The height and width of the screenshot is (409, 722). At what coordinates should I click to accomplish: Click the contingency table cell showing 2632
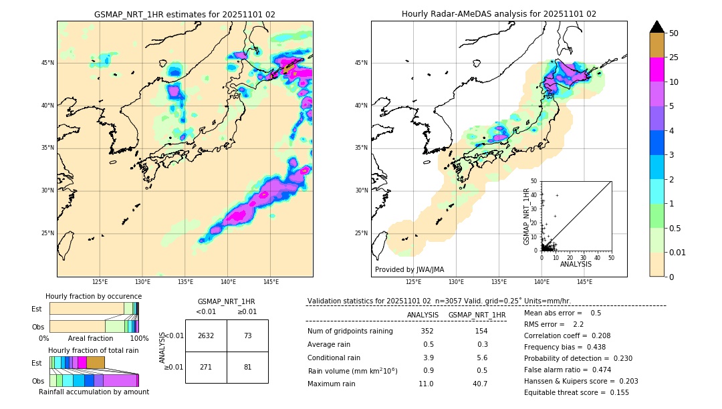(x=206, y=335)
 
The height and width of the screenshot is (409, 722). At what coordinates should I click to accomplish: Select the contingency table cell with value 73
(x=247, y=335)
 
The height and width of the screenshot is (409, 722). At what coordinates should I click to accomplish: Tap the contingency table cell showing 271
(x=206, y=367)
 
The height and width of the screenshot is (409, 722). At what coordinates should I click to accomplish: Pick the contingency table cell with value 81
(x=247, y=367)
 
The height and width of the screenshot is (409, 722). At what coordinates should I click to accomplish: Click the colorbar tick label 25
(x=674, y=57)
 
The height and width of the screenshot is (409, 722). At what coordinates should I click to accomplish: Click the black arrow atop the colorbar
(x=657, y=27)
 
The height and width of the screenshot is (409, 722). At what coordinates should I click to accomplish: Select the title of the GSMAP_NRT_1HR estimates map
(x=185, y=14)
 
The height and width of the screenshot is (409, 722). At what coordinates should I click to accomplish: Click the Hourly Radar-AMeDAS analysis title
(x=499, y=14)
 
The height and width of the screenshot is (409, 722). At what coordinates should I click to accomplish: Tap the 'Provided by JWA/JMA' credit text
(x=409, y=270)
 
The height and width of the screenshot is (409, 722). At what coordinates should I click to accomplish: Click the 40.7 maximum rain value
(x=479, y=384)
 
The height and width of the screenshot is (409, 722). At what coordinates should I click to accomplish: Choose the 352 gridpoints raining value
(x=427, y=331)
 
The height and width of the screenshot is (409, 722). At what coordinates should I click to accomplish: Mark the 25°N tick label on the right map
(x=361, y=233)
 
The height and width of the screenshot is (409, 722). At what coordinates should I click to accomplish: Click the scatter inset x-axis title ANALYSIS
(x=576, y=264)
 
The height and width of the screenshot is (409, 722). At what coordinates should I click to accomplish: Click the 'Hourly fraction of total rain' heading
(x=94, y=350)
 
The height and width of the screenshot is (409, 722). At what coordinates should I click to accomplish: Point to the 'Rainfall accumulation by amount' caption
(x=94, y=392)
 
